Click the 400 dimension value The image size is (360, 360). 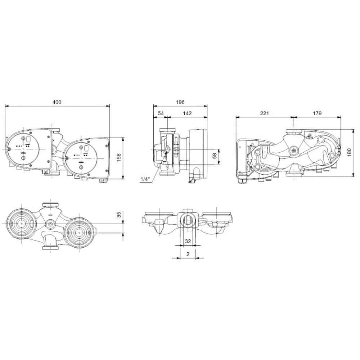coord(57,102)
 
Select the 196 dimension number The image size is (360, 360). coord(180,102)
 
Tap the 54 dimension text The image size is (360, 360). coord(161,113)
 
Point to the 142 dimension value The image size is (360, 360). coord(187,113)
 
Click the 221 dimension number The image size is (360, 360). coord(265,113)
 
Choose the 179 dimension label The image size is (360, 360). coord(317,113)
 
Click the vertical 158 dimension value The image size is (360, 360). coord(119,157)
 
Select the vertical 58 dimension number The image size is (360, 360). coord(215,156)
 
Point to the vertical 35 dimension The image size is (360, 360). coord(119,215)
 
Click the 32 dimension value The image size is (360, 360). coord(188,241)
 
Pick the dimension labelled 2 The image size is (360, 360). coord(188,254)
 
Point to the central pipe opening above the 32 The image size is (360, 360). coord(188,220)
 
